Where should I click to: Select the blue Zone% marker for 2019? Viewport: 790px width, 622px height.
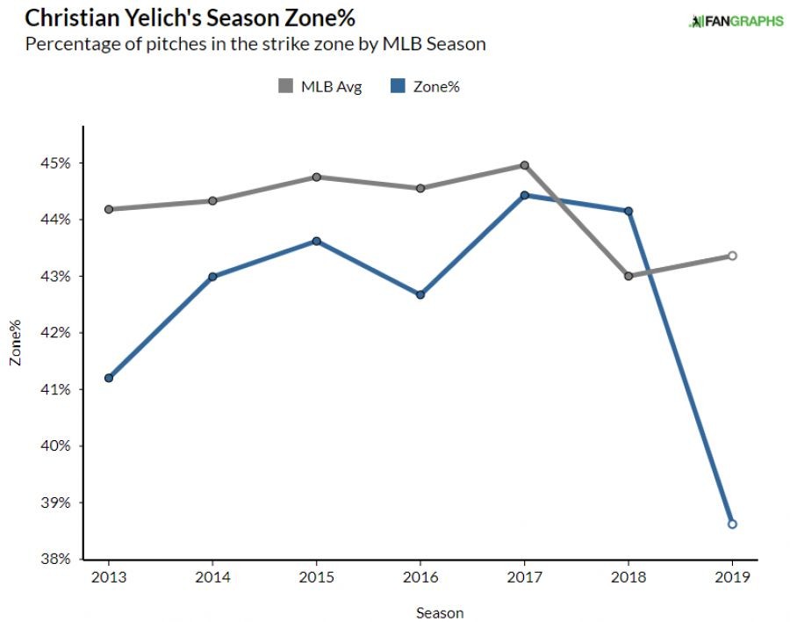click(x=732, y=524)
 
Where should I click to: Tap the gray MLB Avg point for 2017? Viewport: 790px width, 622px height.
click(x=524, y=165)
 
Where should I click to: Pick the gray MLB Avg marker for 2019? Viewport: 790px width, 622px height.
click(x=732, y=256)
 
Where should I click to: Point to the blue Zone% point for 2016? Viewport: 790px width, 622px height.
click(x=420, y=294)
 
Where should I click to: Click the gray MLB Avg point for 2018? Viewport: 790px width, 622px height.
click(x=628, y=276)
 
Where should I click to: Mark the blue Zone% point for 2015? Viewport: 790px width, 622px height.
click(x=317, y=241)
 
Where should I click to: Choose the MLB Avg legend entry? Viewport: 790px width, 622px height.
click(x=320, y=86)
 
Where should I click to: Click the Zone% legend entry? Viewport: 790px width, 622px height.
click(x=426, y=86)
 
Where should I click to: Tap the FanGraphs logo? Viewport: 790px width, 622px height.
click(x=736, y=21)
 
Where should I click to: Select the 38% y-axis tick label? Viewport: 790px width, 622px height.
click(x=58, y=559)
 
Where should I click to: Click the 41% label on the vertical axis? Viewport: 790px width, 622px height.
click(x=58, y=389)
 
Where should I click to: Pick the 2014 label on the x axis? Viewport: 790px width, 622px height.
click(x=212, y=577)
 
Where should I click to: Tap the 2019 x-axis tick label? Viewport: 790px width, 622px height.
click(x=732, y=577)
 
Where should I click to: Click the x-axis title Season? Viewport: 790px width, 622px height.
click(x=440, y=612)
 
